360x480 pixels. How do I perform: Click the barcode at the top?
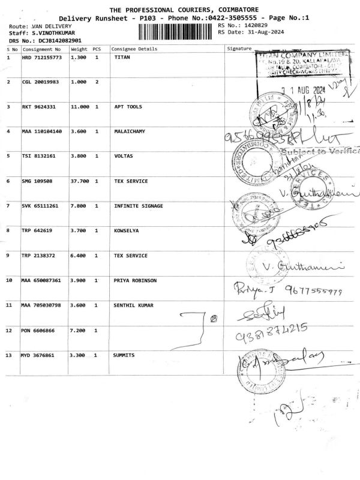tap(178, 31)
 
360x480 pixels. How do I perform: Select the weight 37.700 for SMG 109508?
tap(80, 181)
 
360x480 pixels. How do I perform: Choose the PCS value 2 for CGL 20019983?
tap(97, 82)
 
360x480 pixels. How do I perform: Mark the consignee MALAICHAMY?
tap(129, 131)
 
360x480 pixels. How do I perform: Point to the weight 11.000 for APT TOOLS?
tap(80, 106)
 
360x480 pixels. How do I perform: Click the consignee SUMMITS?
tap(124, 355)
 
